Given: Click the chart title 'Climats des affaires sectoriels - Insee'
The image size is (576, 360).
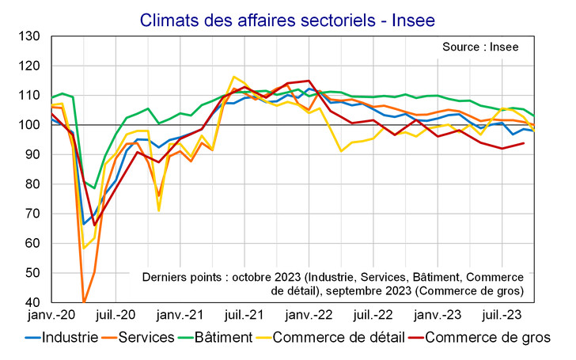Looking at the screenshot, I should [x=287, y=17].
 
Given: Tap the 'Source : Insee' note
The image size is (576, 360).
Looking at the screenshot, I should [x=480, y=47].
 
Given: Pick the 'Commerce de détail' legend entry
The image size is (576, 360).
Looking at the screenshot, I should [x=340, y=338].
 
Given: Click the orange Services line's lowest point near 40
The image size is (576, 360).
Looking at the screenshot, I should [x=84, y=301].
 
